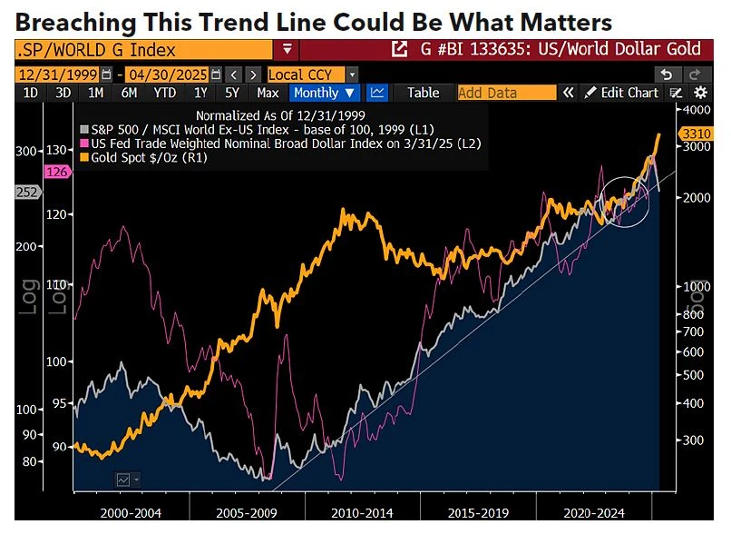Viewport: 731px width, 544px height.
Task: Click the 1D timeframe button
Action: [x=31, y=93]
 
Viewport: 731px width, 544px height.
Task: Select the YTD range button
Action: [x=164, y=93]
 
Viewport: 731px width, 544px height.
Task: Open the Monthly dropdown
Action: [x=324, y=93]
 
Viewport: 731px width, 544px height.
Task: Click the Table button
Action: [x=423, y=93]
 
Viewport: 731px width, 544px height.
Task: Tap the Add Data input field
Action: [x=506, y=93]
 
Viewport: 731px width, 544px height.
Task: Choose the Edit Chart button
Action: [x=621, y=93]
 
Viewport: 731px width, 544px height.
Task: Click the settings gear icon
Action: [x=700, y=93]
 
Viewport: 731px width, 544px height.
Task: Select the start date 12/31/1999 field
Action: [x=58, y=74]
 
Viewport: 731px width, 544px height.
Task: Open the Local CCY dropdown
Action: [x=312, y=74]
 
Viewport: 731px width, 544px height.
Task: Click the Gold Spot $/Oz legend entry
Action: [x=141, y=157]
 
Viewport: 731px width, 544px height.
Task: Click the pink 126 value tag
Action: [x=57, y=172]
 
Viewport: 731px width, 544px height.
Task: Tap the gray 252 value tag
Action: [x=27, y=192]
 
